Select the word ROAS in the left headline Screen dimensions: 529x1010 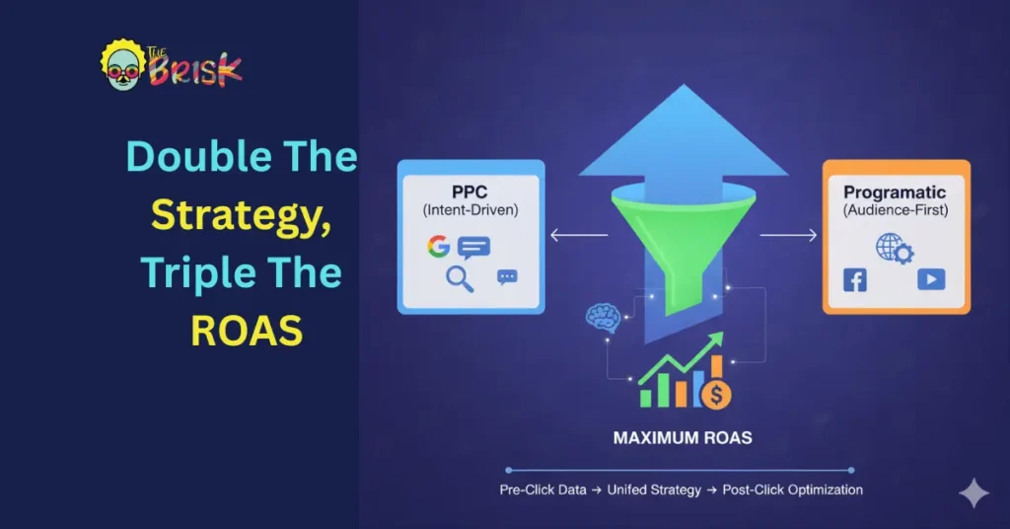click(246, 331)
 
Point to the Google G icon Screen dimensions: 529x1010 click(439, 246)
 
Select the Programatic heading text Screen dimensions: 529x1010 click(895, 191)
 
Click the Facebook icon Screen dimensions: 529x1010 click(855, 280)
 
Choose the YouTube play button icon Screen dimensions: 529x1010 click(930, 280)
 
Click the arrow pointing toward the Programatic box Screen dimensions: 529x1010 click(788, 235)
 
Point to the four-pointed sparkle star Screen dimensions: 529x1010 click(974, 493)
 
